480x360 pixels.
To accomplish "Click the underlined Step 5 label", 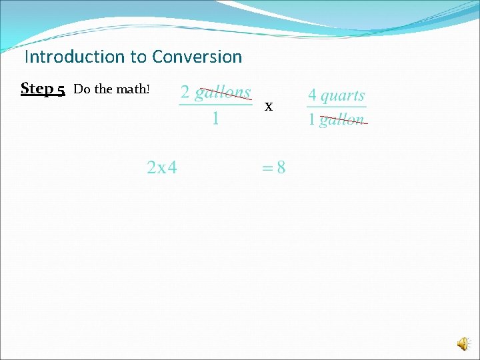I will pos(43,89).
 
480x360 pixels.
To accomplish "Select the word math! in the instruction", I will pos(136,89).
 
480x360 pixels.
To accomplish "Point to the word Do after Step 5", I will pos(81,89).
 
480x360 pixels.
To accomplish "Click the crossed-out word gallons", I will pos(223,93).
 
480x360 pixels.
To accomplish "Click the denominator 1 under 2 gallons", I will pos(215,119).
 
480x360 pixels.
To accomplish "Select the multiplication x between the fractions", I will pos(269,106).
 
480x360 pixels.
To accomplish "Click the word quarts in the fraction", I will pos(343,96).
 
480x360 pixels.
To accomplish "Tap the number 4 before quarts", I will pos(312,96).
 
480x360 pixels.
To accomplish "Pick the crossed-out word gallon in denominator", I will pos(342,121).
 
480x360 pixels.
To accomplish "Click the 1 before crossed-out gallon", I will pos(311,121).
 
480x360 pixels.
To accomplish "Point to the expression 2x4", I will pos(162,167).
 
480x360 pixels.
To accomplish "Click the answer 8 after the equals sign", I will pos(281,167).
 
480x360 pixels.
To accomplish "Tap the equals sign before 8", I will pos(267,168).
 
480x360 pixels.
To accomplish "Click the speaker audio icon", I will pos(463,344).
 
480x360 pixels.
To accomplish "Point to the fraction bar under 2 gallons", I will pos(215,105).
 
